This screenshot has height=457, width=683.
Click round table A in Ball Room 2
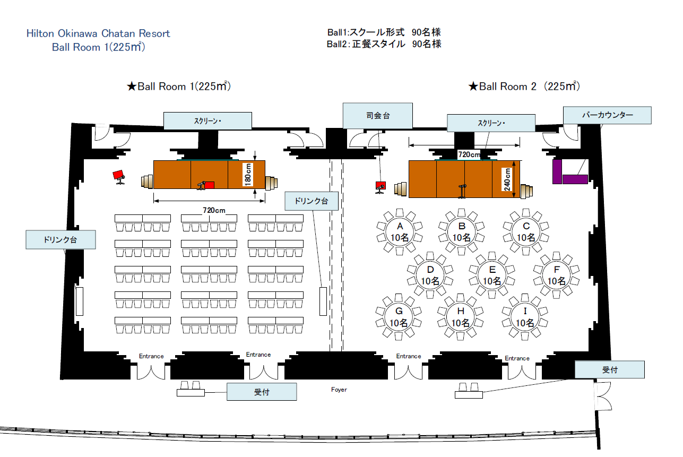point(400,232)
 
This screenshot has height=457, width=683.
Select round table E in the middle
point(492,275)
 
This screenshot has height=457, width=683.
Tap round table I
point(525,317)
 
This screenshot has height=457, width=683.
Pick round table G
point(399,317)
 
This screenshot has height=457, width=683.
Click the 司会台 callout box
point(377,116)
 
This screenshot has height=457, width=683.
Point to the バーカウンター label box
point(607,115)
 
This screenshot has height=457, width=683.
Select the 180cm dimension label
point(248,175)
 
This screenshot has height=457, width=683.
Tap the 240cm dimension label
point(507,179)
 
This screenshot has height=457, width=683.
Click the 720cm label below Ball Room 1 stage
point(214,210)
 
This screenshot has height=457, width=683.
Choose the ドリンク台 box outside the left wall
point(60,239)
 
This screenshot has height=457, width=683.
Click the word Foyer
point(339,389)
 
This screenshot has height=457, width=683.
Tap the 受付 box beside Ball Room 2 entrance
point(610,369)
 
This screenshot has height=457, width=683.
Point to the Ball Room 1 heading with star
point(179,87)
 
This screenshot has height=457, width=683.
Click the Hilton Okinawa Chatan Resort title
point(98,33)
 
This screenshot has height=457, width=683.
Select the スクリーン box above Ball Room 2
point(491,123)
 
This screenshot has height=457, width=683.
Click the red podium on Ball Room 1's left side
point(119,177)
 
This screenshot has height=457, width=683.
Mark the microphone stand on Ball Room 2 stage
point(462,192)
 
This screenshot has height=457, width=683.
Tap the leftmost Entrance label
point(151,356)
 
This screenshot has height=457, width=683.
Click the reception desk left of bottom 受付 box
point(191,389)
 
